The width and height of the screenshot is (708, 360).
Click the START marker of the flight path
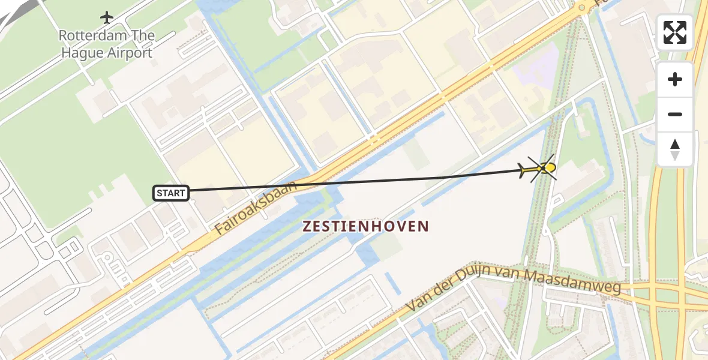(x=172, y=193)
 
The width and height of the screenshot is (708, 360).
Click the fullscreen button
(x=675, y=32)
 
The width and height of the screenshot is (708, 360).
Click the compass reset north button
(x=675, y=149)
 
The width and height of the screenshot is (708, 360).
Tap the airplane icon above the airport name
(x=107, y=17)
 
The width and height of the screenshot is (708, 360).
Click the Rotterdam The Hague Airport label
(x=106, y=44)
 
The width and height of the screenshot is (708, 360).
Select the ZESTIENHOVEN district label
(x=366, y=226)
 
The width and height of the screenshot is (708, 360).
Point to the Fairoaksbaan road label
(x=256, y=208)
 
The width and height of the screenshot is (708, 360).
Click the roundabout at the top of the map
(x=581, y=8)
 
